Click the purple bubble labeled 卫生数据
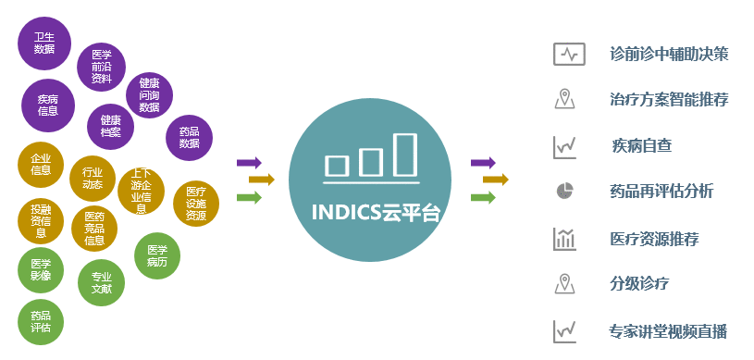44,43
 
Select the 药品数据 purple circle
189,138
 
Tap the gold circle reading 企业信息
41,165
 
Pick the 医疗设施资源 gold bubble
196,204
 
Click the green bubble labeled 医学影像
41,270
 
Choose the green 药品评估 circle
41,322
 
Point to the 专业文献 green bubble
102,282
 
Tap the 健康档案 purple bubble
111,127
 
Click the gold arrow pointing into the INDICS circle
262,180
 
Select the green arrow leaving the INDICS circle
483,197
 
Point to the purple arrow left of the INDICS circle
249,162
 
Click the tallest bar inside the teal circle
404,155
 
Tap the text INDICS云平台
376,212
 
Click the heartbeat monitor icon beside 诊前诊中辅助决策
569,54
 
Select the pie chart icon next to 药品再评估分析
565,191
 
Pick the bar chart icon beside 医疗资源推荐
564,239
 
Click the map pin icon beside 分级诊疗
564,283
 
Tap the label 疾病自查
642,145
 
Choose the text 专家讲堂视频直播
668,331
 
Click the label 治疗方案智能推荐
669,99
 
